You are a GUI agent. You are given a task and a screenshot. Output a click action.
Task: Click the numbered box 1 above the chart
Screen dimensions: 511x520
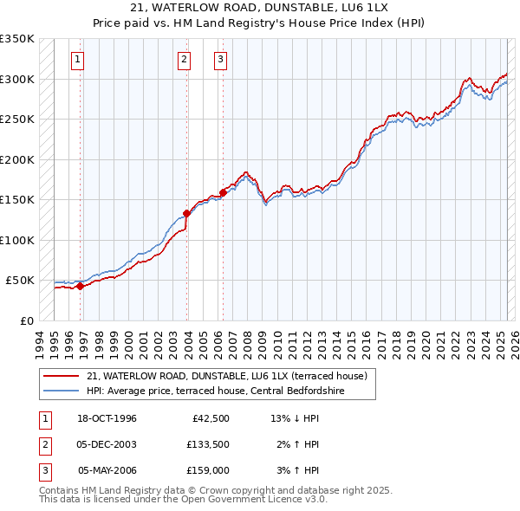[x=78, y=60]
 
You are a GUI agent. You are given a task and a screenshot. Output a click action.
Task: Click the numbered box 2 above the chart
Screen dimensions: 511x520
[x=185, y=60]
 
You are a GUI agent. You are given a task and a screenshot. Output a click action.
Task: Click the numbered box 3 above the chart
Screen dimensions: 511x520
[x=220, y=60]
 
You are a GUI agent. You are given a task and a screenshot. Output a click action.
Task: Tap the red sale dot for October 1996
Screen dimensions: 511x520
[x=80, y=286]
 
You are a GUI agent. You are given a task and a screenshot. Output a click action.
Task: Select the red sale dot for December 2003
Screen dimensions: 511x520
[x=186, y=212]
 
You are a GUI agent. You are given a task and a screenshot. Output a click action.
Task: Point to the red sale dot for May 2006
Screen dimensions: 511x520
[x=223, y=192]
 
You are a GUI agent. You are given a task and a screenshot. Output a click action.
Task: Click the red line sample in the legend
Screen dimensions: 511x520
[x=62, y=376]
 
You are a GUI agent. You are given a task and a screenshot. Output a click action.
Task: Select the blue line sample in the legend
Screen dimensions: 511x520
[x=62, y=391]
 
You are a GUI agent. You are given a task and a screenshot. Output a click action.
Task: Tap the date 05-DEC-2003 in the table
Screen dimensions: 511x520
[x=107, y=444]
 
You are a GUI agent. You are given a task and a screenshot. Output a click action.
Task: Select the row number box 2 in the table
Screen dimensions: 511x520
[x=43, y=444]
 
